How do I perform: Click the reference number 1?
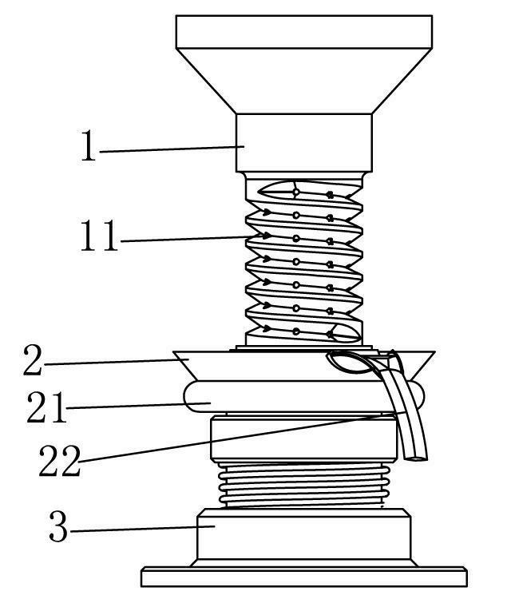click(x=88, y=145)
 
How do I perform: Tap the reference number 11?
click(x=99, y=236)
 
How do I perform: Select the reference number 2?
click(x=33, y=360)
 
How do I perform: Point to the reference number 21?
click(x=46, y=407)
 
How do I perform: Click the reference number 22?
click(x=60, y=461)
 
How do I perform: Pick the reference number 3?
click(x=58, y=526)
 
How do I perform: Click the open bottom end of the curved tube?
click(x=417, y=458)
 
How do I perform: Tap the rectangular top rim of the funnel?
click(x=304, y=32)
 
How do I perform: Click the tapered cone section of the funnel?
click(x=304, y=81)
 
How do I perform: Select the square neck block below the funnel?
click(x=304, y=143)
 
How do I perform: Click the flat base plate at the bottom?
click(x=304, y=577)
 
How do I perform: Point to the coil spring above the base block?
click(x=304, y=485)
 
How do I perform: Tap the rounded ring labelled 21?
click(x=304, y=396)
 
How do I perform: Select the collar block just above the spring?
click(x=304, y=439)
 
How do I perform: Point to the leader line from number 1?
click(x=172, y=149)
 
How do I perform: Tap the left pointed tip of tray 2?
click(x=173, y=352)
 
